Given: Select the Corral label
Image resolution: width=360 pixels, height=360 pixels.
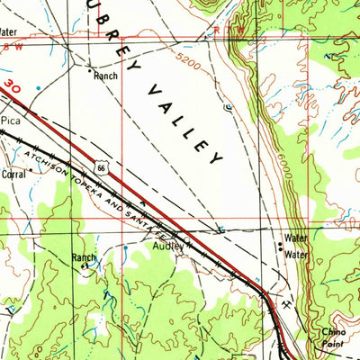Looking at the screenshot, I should (13, 174).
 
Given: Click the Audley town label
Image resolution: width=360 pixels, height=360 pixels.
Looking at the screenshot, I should (166, 244).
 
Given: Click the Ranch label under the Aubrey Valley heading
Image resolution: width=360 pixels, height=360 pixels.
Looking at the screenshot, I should (105, 76).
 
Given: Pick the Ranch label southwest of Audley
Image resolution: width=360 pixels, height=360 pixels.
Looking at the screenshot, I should (84, 257).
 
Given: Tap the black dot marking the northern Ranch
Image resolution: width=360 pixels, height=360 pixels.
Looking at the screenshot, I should (89, 67).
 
